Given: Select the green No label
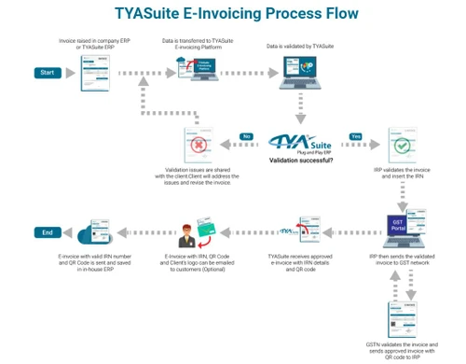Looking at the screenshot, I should tap(247, 136).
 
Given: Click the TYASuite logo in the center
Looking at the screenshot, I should tap(300, 145).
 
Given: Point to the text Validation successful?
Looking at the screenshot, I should tap(300, 161).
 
